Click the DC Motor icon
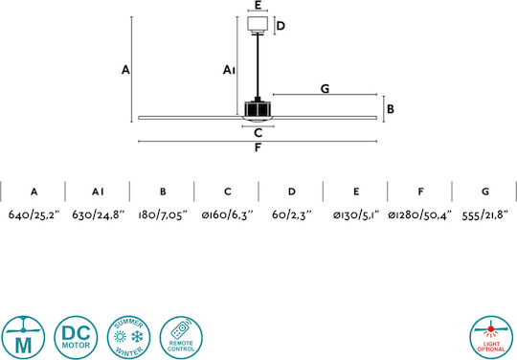click(76, 337)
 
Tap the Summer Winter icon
click(128, 337)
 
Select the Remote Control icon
click(181, 337)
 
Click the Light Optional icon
click(491, 337)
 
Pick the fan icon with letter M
click(23, 337)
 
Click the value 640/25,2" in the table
click(34, 214)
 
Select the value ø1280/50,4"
click(419, 215)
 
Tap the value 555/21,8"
click(485, 215)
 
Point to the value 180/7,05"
click(163, 215)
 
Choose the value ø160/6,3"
click(227, 215)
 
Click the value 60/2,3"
click(291, 215)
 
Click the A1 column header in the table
click(98, 191)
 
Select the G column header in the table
click(485, 191)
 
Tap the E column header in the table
click(356, 191)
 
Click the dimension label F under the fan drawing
click(258, 147)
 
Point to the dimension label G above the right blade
click(325, 89)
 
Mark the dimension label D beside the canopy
click(281, 26)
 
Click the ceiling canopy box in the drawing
click(258, 25)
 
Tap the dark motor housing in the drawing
click(258, 109)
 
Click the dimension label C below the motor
click(258, 133)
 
